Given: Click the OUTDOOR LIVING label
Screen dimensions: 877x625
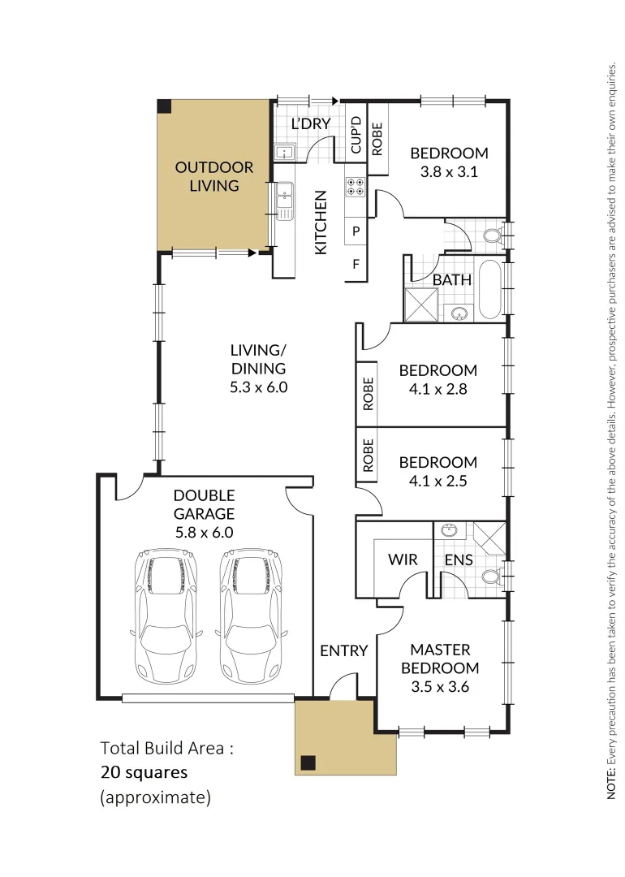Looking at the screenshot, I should [214, 176].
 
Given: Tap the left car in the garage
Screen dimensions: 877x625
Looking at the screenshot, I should [166, 616].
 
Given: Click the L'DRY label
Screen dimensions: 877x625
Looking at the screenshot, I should [310, 124].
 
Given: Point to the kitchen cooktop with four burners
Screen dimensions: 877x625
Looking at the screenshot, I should [356, 187].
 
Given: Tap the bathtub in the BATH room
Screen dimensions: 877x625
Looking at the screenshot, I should [489, 290].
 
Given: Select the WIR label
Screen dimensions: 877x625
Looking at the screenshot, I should [403, 559].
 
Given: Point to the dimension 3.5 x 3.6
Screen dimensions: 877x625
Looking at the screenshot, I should [443, 687].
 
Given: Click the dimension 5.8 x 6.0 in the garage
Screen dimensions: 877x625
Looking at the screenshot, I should [204, 533].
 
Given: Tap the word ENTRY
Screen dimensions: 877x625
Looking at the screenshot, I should [344, 650].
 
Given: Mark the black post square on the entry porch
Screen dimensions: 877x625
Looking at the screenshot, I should [308, 762].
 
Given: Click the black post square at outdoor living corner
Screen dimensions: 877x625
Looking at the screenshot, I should [165, 106].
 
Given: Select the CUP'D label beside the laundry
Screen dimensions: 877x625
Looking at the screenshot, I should [356, 135].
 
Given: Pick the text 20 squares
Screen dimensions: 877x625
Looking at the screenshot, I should [144, 771].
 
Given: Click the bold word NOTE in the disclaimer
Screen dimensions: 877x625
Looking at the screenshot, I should [611, 787].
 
